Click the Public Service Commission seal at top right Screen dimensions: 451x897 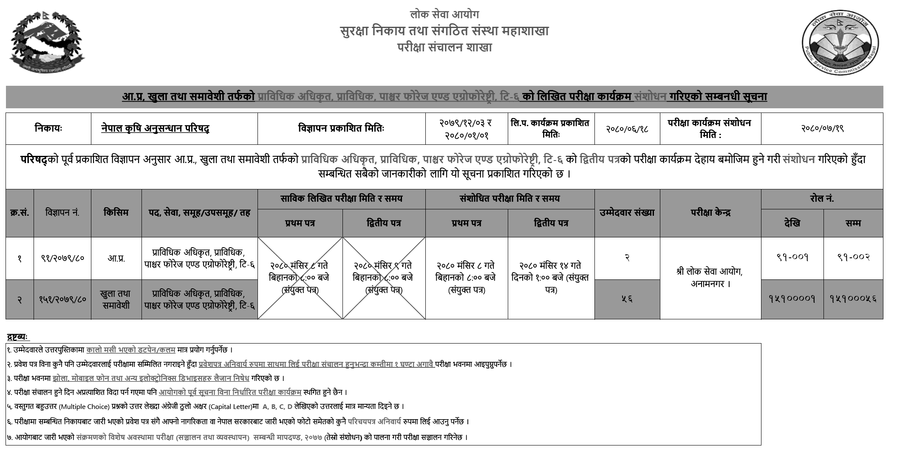(840, 43)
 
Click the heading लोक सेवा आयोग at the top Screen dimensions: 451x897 (444, 15)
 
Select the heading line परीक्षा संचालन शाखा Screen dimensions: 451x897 (444, 48)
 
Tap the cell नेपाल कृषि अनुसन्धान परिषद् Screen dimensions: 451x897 (155, 128)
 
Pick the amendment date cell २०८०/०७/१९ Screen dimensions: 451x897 (822, 128)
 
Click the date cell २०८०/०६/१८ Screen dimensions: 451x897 (627, 128)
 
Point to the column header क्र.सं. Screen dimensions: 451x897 (20, 213)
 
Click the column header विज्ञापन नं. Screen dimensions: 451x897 (62, 213)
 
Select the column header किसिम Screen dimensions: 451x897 (116, 212)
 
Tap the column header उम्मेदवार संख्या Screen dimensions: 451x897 (627, 213)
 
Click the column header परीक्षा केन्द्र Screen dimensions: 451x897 (710, 213)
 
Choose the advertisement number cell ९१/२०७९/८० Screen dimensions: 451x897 (62, 258)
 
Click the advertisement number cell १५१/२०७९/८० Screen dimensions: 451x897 (62, 299)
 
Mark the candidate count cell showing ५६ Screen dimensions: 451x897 (627, 299)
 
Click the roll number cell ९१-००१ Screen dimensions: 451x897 (792, 257)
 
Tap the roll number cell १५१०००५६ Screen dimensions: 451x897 (853, 299)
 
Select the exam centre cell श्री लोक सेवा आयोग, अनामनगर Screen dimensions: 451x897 (710, 277)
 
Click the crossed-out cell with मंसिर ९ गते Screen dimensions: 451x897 (384, 278)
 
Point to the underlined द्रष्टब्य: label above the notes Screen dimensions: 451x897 (18, 337)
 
